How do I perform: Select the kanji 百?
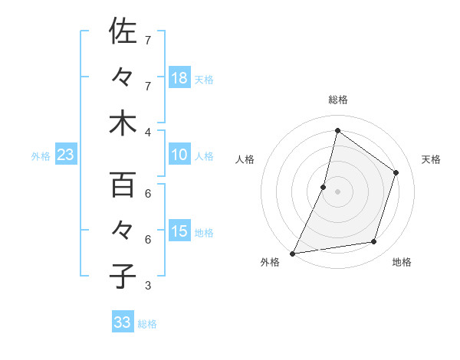click(x=123, y=185)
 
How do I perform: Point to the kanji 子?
click(x=123, y=276)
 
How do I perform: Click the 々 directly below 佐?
click(x=123, y=77)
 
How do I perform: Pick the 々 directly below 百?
click(x=123, y=231)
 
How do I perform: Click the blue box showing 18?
click(x=179, y=78)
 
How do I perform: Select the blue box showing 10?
click(x=179, y=155)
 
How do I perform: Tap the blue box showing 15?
click(x=179, y=231)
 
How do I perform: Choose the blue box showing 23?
click(x=66, y=155)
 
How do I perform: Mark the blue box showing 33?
click(x=123, y=322)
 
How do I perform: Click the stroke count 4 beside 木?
click(x=149, y=131)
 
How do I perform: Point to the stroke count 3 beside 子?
click(x=149, y=286)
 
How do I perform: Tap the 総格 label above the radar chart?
click(x=338, y=100)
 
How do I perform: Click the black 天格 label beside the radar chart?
click(x=431, y=159)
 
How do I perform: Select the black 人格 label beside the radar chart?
click(x=245, y=159)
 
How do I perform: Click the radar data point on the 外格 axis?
click(x=293, y=253)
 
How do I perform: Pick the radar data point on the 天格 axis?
click(x=396, y=172)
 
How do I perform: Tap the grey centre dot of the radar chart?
click(x=338, y=191)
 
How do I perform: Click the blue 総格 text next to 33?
click(x=147, y=324)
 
